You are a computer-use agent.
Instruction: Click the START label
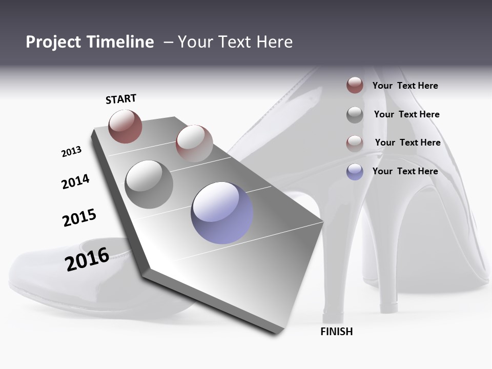pyautogui.click(x=121, y=99)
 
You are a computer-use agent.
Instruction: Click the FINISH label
pyautogui.click(x=337, y=332)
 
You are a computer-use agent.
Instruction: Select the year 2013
pyautogui.click(x=71, y=152)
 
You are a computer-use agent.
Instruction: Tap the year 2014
pyautogui.click(x=75, y=181)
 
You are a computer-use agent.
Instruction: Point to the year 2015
pyautogui.click(x=79, y=218)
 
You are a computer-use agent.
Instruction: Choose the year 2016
pyautogui.click(x=87, y=259)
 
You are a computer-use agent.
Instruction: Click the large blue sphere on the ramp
pyautogui.click(x=222, y=213)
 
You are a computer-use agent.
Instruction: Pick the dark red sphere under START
pyautogui.click(x=125, y=126)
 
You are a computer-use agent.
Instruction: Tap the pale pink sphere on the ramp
pyautogui.click(x=194, y=143)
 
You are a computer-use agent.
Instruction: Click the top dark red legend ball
pyautogui.click(x=355, y=85)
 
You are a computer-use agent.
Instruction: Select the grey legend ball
pyautogui.click(x=355, y=114)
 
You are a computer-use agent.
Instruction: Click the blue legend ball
pyautogui.click(x=355, y=172)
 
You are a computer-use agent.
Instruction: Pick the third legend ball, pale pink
pyautogui.click(x=355, y=143)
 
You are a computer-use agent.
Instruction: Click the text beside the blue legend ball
pyautogui.click(x=405, y=171)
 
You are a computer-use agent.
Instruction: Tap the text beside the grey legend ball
pyautogui.click(x=406, y=114)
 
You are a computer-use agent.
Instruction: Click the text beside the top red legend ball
pyautogui.click(x=405, y=86)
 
